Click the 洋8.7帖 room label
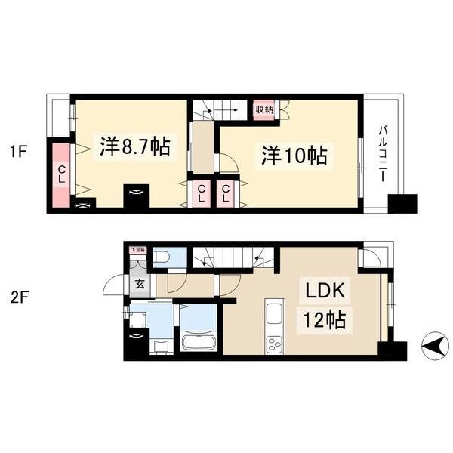[x=134, y=146]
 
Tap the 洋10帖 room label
[x=294, y=156]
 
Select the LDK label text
[x=325, y=291]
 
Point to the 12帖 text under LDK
[x=325, y=320]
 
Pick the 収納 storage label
[x=263, y=110]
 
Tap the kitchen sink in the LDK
[x=274, y=313]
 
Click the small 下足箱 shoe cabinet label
[x=137, y=249]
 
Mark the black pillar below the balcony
[x=402, y=203]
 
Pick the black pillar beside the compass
[x=392, y=350]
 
